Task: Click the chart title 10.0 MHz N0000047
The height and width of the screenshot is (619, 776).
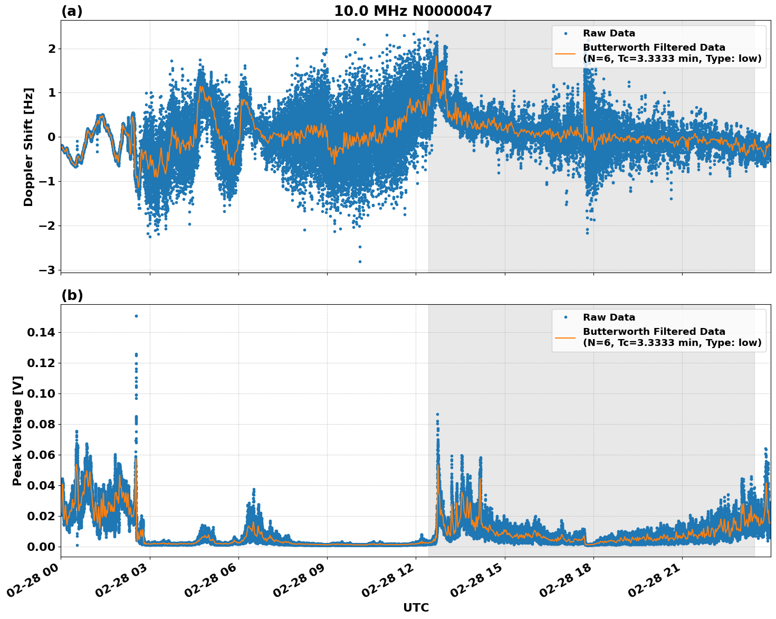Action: point(413,11)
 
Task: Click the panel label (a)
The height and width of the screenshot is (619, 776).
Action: point(72,11)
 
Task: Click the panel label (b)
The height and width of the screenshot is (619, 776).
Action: point(72,295)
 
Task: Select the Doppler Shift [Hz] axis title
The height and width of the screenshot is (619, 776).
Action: point(28,147)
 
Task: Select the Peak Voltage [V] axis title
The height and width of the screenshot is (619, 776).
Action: point(17,430)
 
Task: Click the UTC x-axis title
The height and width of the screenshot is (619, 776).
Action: point(416,608)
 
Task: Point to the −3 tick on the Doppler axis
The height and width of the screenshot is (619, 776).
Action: point(47,270)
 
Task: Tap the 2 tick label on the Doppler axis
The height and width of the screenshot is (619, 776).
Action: point(52,49)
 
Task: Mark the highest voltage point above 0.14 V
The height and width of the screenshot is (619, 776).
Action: point(136,316)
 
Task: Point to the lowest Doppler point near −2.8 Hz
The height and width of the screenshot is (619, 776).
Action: point(360,261)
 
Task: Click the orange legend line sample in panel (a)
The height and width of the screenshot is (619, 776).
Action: point(566,53)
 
